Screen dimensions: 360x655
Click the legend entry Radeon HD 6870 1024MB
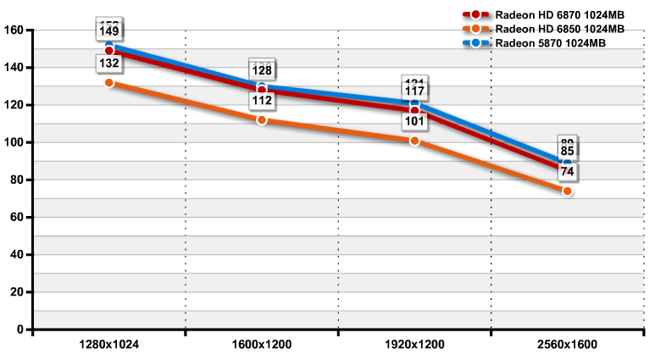[x=552, y=14]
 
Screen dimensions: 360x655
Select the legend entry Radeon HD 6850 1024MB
[x=552, y=28]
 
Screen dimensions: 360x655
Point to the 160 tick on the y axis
[x=14, y=30]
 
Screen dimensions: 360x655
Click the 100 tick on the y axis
[x=14, y=142]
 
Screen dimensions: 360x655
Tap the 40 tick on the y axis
[x=17, y=254]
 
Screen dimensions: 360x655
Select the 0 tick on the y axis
[x=21, y=329]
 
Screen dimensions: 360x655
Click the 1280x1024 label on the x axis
[x=108, y=346]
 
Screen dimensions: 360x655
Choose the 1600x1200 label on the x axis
[x=261, y=346]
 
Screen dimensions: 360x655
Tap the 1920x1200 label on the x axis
[x=414, y=346]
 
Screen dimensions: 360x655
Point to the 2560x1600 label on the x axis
[x=567, y=346]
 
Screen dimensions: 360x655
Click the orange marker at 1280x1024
[x=109, y=83]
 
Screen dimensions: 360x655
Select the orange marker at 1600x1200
[x=262, y=120]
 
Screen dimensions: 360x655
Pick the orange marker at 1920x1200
[x=414, y=141]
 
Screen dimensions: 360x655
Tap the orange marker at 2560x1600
[x=567, y=191]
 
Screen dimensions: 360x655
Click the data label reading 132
[x=109, y=64]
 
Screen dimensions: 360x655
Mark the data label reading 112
[x=262, y=101]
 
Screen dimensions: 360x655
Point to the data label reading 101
[x=414, y=121]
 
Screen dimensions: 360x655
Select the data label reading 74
[x=567, y=172]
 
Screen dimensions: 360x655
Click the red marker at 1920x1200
[x=414, y=111]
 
